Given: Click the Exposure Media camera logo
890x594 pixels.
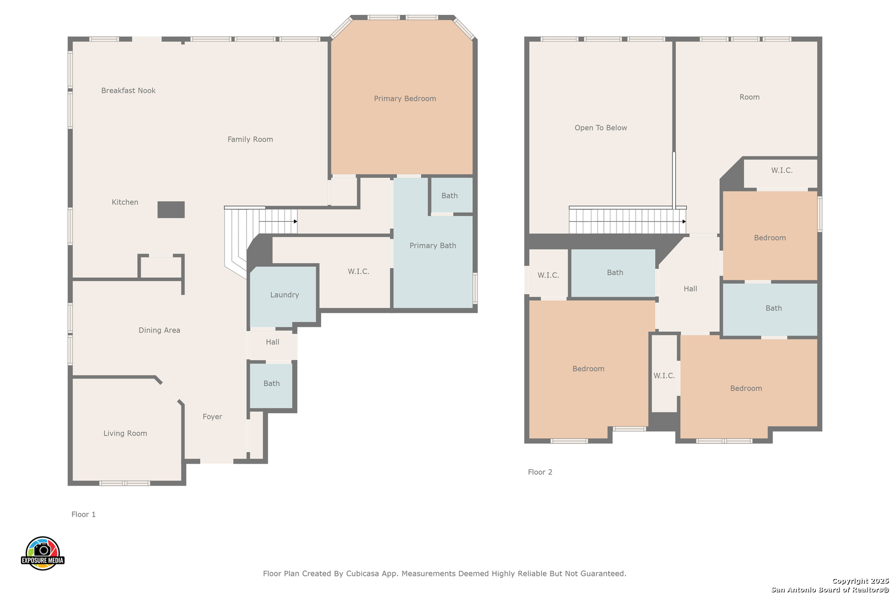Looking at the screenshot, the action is pyautogui.click(x=42, y=553).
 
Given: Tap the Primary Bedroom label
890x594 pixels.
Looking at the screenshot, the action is pyautogui.click(x=405, y=98).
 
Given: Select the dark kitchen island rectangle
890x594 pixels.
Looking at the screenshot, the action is pyautogui.click(x=171, y=210).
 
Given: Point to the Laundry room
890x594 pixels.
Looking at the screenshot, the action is pyautogui.click(x=283, y=295).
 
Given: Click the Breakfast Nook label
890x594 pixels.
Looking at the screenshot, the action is pyautogui.click(x=129, y=91).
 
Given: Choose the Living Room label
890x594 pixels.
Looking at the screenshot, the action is pyautogui.click(x=125, y=433).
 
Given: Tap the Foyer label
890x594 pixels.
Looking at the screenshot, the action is pyautogui.click(x=212, y=416).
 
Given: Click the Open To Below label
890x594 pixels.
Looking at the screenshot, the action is pyautogui.click(x=601, y=128).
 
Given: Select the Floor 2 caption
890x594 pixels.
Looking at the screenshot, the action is pyautogui.click(x=540, y=472).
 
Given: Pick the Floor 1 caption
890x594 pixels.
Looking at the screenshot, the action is pyautogui.click(x=84, y=514).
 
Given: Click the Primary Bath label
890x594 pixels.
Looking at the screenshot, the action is pyautogui.click(x=433, y=246).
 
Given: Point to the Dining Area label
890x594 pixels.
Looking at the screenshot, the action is pyautogui.click(x=159, y=330).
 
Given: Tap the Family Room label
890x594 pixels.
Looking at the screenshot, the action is pyautogui.click(x=250, y=139).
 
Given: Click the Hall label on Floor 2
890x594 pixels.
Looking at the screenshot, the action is pyautogui.click(x=690, y=289).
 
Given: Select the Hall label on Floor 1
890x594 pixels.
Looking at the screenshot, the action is pyautogui.click(x=272, y=342).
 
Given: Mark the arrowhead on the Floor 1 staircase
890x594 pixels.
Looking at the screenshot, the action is pyautogui.click(x=295, y=221).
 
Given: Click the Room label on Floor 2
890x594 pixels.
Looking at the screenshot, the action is pyautogui.click(x=749, y=97).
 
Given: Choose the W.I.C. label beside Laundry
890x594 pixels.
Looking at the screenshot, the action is pyautogui.click(x=358, y=271).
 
